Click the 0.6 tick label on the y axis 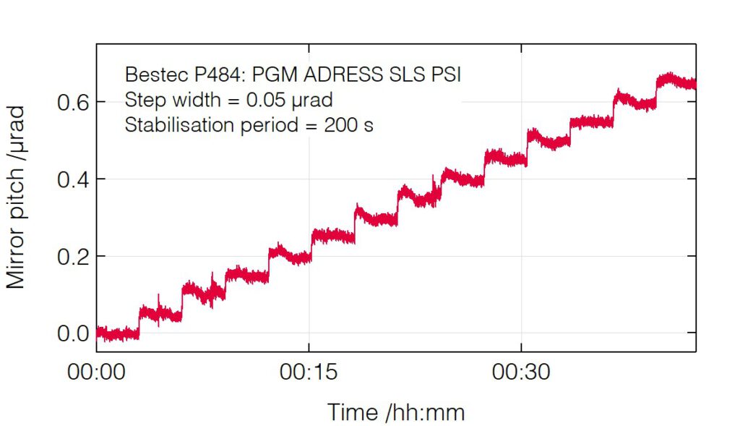coord(72,102)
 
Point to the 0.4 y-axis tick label coord(72,179)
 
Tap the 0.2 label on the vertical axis coord(72,257)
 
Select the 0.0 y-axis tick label coord(72,333)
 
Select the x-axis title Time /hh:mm coord(396,413)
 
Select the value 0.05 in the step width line coord(282,100)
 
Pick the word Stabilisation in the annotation coord(176,124)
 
